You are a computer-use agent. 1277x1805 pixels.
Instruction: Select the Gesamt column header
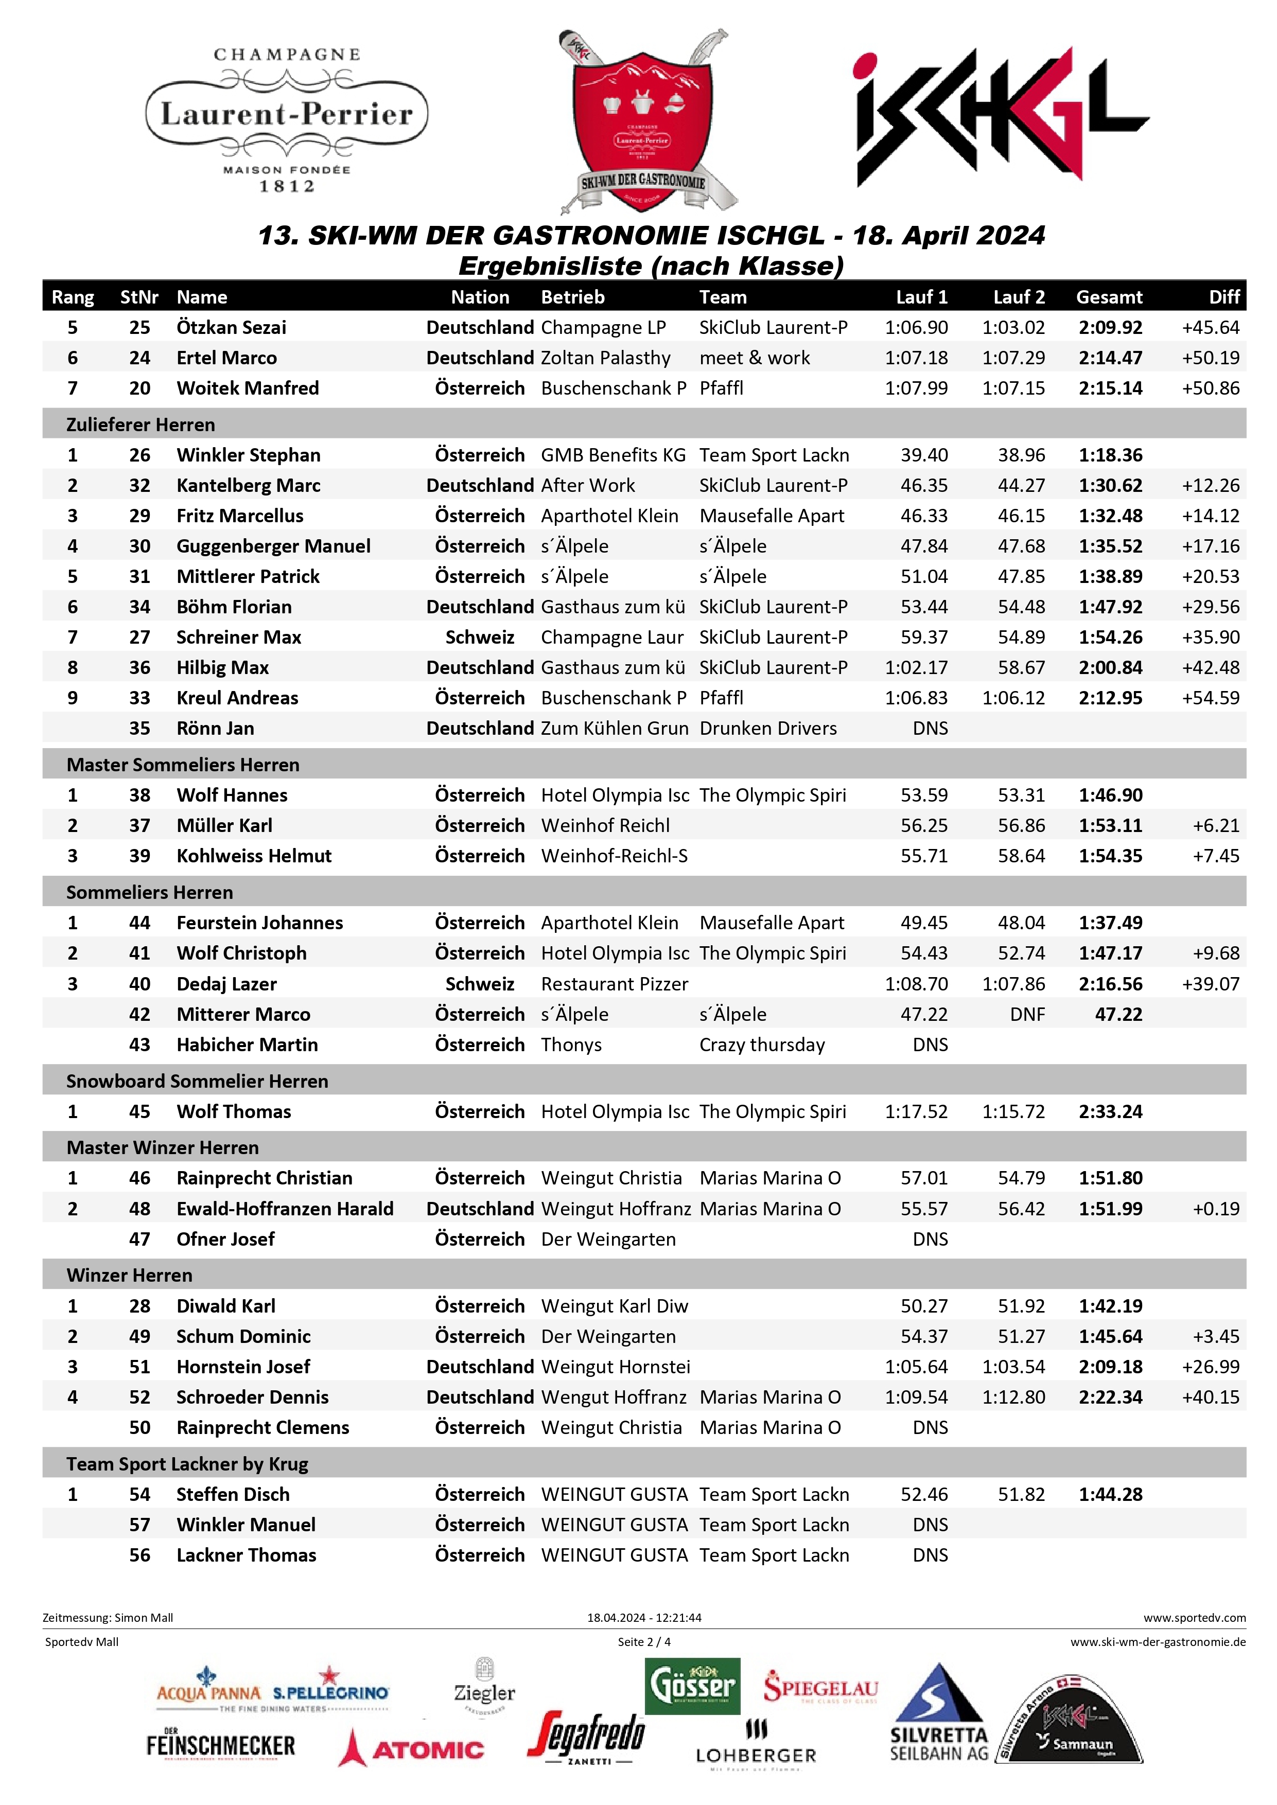[x=1109, y=297]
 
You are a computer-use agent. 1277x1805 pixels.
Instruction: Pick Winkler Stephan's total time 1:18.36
[x=1110, y=455]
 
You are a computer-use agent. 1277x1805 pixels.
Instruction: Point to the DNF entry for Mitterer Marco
[x=1027, y=1015]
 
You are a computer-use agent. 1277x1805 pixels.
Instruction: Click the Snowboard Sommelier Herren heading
[x=197, y=1082]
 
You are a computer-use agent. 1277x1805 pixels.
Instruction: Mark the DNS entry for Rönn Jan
[x=930, y=729]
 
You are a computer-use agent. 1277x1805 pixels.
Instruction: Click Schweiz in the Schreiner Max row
[x=480, y=638]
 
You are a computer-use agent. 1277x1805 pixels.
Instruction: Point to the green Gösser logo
[x=692, y=1686]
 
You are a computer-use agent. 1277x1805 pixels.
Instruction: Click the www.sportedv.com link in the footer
[x=1194, y=1618]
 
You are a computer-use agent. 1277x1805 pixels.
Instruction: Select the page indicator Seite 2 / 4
[x=644, y=1641]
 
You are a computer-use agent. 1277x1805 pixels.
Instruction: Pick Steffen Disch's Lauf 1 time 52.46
[x=924, y=1494]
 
